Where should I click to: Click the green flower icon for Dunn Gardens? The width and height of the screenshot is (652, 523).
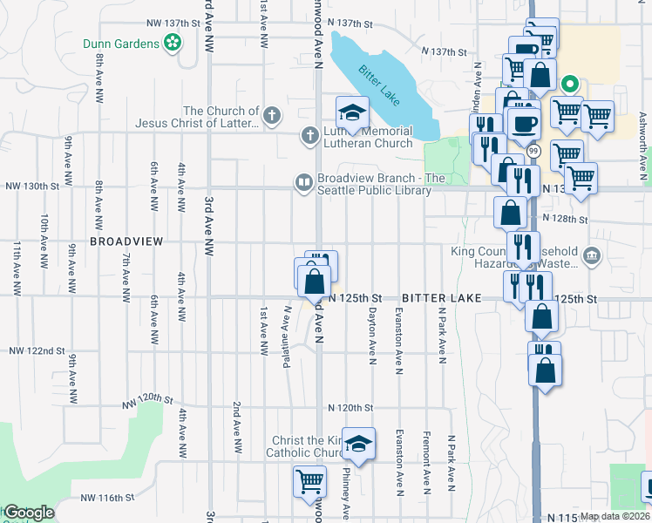pos(173,42)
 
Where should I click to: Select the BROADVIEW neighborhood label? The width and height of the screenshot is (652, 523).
pos(126,241)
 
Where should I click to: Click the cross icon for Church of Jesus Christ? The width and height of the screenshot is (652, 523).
pos(272,115)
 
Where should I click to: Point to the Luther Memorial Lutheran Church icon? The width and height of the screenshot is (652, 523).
pos(309,135)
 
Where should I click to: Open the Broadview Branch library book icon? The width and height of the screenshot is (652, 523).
pos(303,182)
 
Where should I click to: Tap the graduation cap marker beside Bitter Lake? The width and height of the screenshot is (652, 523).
pos(353,112)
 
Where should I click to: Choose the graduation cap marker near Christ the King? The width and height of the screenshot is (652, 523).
pos(357,444)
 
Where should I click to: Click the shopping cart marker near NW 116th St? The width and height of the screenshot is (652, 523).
pos(309,481)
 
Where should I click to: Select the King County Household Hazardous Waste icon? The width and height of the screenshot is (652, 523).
pos(593,255)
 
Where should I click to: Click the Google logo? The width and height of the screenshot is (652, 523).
pos(28,512)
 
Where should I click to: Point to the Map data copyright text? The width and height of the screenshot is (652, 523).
pos(615,516)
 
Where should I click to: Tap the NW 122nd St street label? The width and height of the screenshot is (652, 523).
pos(37,350)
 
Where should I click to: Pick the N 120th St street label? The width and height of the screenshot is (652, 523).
pos(350,407)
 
